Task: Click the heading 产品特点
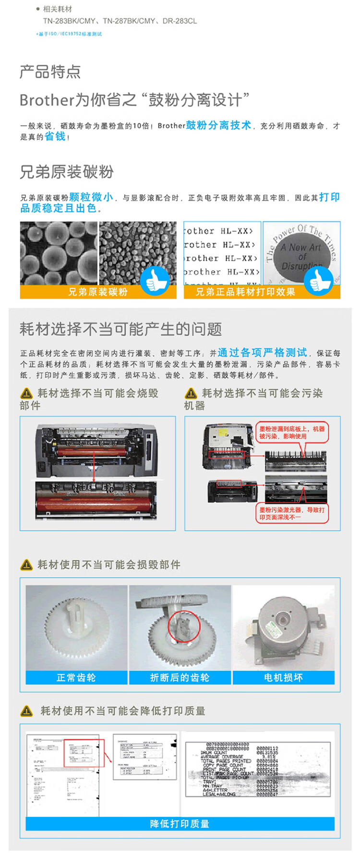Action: [x=50, y=72]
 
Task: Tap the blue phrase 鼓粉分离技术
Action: [x=218, y=125]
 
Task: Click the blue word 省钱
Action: [x=55, y=136]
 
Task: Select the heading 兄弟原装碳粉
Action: [x=67, y=172]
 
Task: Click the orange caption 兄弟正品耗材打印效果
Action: [x=245, y=292]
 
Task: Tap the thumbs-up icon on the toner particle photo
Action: [x=155, y=280]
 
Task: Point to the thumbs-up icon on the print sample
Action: [x=318, y=280]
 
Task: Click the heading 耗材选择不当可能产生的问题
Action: [x=120, y=329]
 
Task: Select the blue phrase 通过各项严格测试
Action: [x=262, y=352]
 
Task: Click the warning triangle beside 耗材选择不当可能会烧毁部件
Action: [x=26, y=394]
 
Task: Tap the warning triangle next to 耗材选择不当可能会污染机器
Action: [x=191, y=394]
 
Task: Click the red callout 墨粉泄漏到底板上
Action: [x=292, y=433]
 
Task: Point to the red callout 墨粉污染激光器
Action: [x=292, y=513]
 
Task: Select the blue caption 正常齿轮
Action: [x=76, y=677]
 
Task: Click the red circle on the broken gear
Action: [x=183, y=626]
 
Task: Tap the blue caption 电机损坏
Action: [x=283, y=677]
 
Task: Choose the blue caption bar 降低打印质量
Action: [x=180, y=824]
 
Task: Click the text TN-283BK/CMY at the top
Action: [x=69, y=21]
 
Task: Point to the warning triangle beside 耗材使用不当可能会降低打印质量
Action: [x=27, y=711]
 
